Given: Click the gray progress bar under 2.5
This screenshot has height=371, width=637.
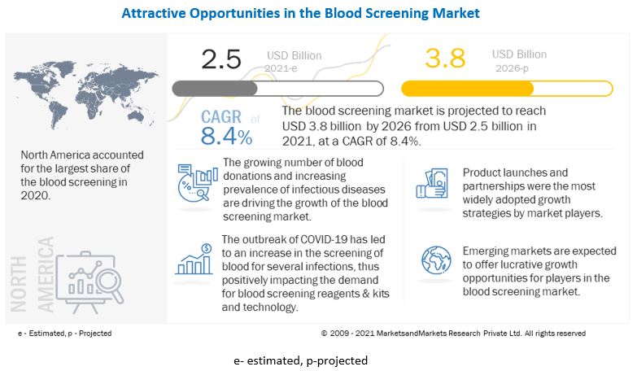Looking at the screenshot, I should (216, 88).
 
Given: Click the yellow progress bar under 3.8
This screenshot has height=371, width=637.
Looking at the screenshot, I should (468, 88).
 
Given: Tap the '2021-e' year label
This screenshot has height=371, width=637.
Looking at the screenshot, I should (282, 69).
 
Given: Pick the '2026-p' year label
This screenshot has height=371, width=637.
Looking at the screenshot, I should (510, 69).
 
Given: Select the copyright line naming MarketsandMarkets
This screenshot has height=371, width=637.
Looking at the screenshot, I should (452, 333).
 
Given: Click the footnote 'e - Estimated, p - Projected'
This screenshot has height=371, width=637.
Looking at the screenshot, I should (64, 333).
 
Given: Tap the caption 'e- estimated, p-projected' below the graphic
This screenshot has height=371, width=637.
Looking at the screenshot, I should (299, 360).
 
